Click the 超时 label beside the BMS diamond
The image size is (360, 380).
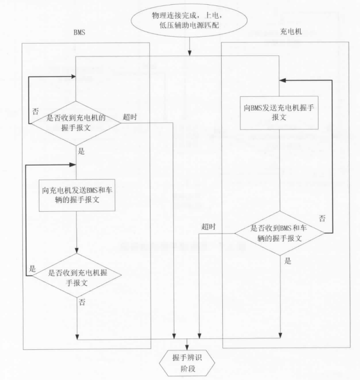pos(129,117)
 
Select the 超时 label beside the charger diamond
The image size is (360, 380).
pos(208,227)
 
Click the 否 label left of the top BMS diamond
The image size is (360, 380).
pos(36,112)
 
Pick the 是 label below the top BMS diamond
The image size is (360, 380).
pos(81,151)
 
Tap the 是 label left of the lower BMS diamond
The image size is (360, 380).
pos(32,269)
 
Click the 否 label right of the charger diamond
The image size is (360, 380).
pos(322,218)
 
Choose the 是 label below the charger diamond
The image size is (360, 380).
pos(288,261)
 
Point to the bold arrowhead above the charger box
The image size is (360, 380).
pos(283,80)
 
